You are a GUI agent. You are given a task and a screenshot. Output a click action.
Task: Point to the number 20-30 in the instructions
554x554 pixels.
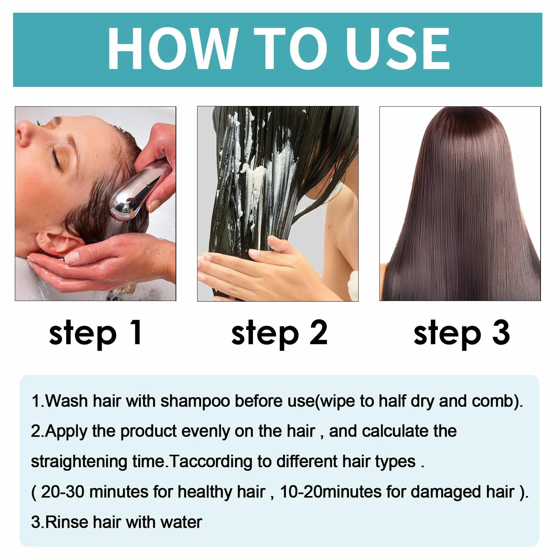click(63, 492)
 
